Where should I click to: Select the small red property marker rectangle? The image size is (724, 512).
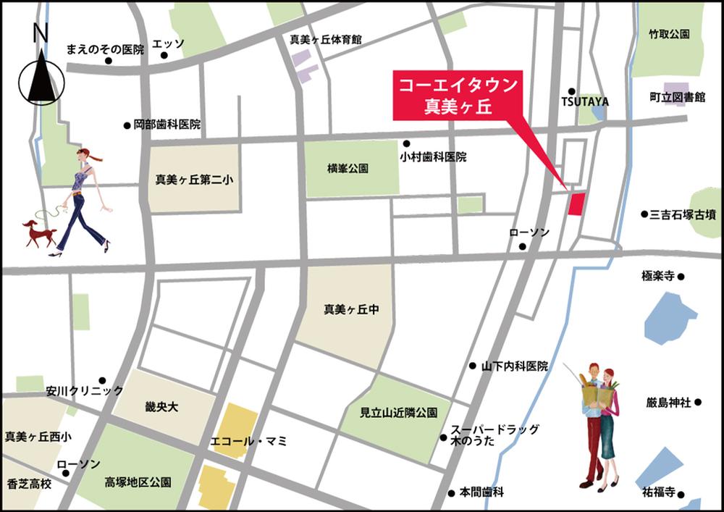click(x=576, y=203)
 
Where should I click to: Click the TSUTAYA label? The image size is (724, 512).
click(x=585, y=102)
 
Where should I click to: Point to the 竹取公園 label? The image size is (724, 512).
click(x=669, y=34)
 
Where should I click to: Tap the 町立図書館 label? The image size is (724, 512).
click(x=677, y=97)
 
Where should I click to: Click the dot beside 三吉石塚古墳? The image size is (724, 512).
click(x=644, y=214)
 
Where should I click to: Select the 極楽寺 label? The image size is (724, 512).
click(x=657, y=276)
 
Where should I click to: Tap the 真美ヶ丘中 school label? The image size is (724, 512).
click(x=351, y=309)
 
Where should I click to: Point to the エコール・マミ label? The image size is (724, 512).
click(x=248, y=440)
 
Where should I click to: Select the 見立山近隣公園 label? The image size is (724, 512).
click(x=400, y=413)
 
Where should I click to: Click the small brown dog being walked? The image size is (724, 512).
click(x=41, y=232)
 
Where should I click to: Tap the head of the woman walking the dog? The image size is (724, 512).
click(x=85, y=155)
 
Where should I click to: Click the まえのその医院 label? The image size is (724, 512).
click(x=106, y=49)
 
